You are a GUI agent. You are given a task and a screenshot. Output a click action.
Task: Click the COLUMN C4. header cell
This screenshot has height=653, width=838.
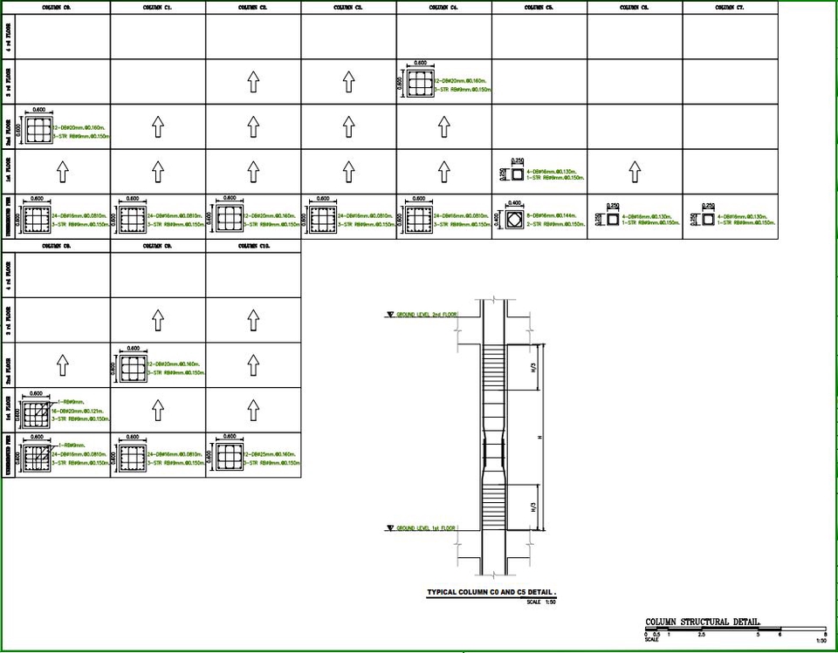443,7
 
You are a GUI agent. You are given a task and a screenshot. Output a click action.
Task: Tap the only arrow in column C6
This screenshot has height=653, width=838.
634,173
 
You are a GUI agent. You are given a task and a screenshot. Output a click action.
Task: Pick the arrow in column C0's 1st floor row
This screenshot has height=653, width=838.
63,173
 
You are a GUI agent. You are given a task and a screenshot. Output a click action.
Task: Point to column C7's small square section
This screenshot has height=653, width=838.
708,219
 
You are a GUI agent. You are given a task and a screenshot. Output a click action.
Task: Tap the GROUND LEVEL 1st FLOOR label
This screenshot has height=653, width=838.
426,528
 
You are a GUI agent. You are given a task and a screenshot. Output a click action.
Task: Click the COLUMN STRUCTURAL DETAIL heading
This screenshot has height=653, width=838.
702,622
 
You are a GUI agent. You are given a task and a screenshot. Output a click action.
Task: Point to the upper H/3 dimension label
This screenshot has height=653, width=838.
534,369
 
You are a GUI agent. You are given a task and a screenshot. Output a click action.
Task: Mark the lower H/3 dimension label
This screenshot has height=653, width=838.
534,507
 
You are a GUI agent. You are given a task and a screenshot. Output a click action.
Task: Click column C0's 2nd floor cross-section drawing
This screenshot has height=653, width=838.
38,130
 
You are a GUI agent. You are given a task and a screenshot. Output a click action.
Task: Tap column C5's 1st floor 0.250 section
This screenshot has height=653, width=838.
517,174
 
